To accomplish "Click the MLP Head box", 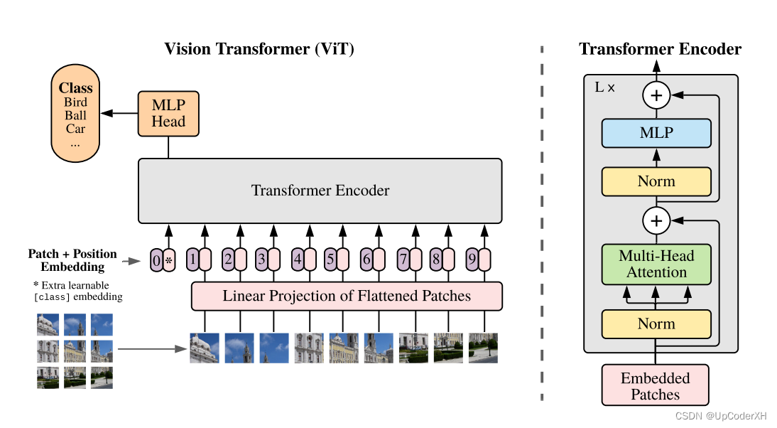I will pos(168,113).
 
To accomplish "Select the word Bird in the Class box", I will pos(75,102).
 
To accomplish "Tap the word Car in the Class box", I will pos(75,129).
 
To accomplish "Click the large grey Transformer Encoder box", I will pos(320,190).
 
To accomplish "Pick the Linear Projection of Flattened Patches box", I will pos(347,296).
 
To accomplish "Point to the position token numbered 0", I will pos(157,260).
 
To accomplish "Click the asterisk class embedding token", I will pos(169,260).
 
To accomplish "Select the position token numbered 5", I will pos(331,260).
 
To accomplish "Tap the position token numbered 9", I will pos(472,260).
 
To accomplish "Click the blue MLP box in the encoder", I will pos(656,133).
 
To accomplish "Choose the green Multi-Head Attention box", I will pos(656,264).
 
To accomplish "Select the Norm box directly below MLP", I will pos(656,181).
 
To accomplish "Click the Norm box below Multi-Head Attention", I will pos(656,323).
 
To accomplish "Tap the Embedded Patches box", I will pos(656,386).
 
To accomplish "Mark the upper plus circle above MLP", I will pos(656,94).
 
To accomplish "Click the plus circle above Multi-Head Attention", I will pos(656,221).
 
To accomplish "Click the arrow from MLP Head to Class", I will pos(119,113).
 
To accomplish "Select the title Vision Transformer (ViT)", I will pos(259,49).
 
